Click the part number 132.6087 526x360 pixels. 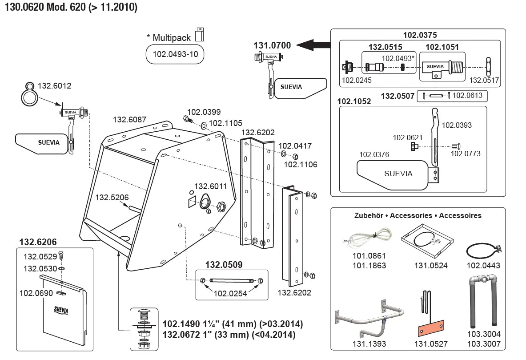pos(129,120)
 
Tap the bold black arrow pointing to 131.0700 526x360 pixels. pos(313,44)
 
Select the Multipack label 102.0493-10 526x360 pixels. pos(175,54)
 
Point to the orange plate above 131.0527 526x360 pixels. pos(431,328)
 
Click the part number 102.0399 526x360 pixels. pos(204,112)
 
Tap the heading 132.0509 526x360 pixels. pos(224,265)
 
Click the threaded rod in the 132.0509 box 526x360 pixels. pos(232,280)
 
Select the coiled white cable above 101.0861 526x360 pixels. pos(367,238)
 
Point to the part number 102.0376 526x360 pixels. pos(374,154)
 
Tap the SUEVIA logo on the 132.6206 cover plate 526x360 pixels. pos(61,310)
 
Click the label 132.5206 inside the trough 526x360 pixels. pos(112,198)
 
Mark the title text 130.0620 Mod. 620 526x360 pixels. pos(45,7)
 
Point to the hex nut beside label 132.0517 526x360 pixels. pos(488,67)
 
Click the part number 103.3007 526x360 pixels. pos(484,344)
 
